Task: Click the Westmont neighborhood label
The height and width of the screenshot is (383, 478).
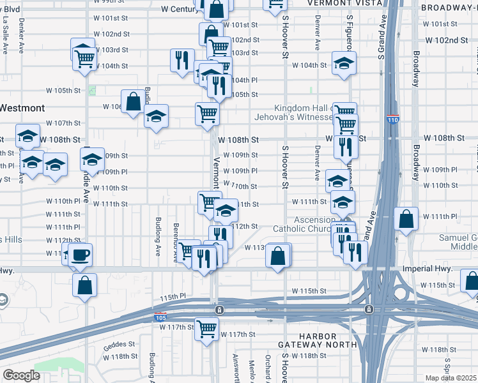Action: pyautogui.click(x=22, y=108)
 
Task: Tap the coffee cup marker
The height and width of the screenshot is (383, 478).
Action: pyautogui.click(x=80, y=255)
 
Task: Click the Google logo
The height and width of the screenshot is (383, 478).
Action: pyautogui.click(x=21, y=375)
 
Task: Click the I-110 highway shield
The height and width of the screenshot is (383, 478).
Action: pyautogui.click(x=392, y=119)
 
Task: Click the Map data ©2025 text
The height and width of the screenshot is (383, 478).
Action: pyautogui.click(x=451, y=379)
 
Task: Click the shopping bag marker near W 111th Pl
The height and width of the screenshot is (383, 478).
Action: pyautogui.click(x=406, y=219)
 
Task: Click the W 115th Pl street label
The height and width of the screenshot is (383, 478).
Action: pyautogui.click(x=173, y=297)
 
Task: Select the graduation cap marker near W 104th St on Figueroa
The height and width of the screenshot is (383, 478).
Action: pyautogui.click(x=344, y=63)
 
